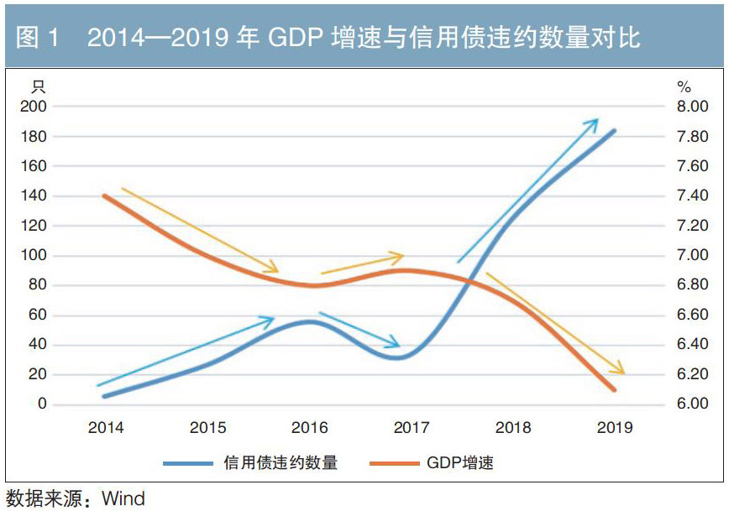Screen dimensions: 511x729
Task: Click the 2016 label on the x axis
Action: (310, 428)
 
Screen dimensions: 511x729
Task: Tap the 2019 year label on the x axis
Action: (615, 428)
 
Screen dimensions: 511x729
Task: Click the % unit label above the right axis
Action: (684, 87)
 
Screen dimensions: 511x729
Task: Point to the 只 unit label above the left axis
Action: (38, 86)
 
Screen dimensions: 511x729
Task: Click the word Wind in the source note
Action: (123, 498)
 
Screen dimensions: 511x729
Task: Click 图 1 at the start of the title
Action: (37, 38)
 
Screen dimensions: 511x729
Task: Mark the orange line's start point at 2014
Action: (105, 196)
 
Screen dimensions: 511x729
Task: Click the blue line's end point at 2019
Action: (615, 131)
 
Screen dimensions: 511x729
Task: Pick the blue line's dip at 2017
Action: (401, 357)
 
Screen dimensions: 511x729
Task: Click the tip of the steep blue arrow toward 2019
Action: (597, 120)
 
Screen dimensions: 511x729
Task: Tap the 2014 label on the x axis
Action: (106, 428)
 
